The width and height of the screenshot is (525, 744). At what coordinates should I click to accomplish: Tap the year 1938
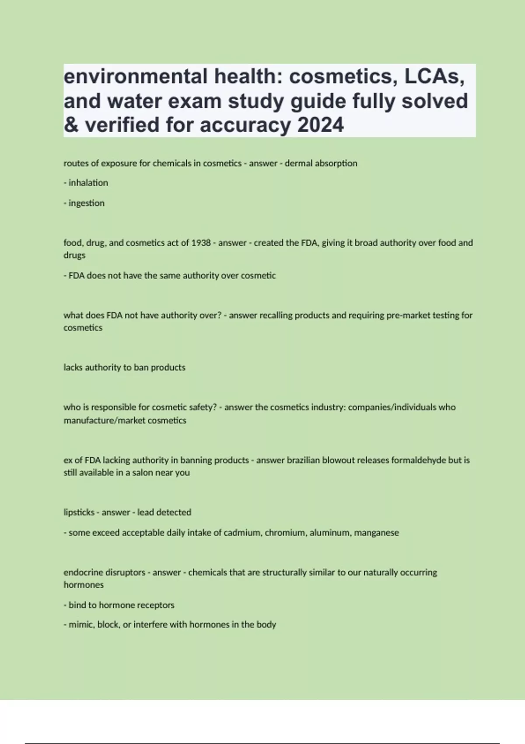click(201, 243)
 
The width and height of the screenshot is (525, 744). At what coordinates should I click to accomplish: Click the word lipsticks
click(79, 512)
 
